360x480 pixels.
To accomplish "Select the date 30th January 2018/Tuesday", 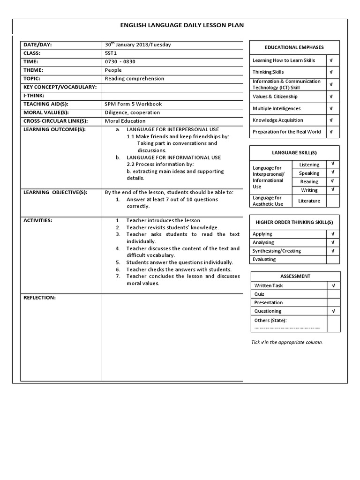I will point(138,45).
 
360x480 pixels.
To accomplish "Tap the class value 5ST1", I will point(112,53).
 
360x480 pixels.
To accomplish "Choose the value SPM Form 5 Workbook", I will point(133,104).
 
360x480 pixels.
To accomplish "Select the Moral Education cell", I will point(125,121).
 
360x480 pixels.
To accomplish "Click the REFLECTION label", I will point(39,298).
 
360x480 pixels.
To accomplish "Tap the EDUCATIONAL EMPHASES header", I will point(294,47).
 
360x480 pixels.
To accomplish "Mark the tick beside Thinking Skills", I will point(331,72).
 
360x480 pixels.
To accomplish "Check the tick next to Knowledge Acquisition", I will point(331,120).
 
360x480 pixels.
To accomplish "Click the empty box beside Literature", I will point(333,201).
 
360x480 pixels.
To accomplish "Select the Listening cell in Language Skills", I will point(309,165).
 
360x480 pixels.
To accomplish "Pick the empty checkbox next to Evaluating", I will point(333,259).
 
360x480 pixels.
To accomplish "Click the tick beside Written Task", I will point(333,285).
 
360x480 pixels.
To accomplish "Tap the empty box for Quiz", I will point(333,294).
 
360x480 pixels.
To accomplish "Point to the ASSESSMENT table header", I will point(295,276).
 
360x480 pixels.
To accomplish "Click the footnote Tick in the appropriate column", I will point(287,342).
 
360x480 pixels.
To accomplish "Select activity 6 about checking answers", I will point(179,270).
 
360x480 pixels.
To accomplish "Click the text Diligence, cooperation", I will point(132,112).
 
